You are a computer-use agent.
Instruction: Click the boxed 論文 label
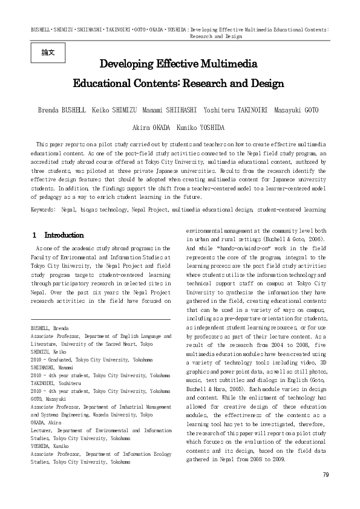tap(48, 53)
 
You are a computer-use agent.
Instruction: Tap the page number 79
tap(326, 475)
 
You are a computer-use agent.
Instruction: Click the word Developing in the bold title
tap(128, 64)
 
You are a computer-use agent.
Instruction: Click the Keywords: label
tap(44, 209)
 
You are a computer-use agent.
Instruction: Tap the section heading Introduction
tap(64, 235)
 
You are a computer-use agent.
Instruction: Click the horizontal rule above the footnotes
tap(100, 320)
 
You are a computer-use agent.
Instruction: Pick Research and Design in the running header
tap(215, 36)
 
